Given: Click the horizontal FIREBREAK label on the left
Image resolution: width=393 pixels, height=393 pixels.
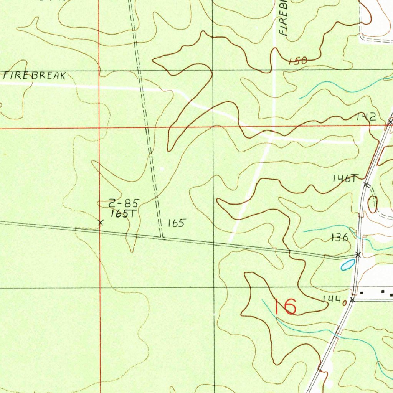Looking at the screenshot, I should point(34,76).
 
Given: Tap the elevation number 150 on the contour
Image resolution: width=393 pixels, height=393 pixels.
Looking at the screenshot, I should point(298,61).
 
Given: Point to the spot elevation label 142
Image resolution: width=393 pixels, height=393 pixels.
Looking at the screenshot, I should point(365,117).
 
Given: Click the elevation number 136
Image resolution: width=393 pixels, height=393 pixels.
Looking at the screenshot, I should point(340,238).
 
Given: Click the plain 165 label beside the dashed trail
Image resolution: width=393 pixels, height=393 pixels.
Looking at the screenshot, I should point(177,223).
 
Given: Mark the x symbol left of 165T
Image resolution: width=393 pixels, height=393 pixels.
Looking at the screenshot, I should point(101,222).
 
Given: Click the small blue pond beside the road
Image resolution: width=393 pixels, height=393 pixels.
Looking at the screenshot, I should point(347,264).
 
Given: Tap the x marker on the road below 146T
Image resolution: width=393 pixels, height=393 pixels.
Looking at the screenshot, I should point(366,185).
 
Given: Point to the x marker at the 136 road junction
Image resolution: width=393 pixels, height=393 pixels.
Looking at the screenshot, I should point(358,254).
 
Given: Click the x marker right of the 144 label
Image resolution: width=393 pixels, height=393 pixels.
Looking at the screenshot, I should point(353,300).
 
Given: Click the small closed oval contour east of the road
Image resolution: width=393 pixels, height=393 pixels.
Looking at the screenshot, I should point(372,204).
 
